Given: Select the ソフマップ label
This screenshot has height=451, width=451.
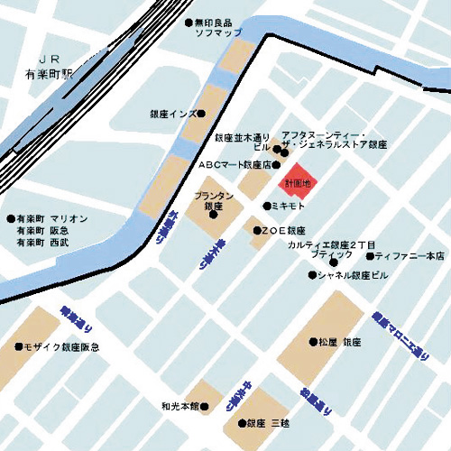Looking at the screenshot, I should pos(220,33).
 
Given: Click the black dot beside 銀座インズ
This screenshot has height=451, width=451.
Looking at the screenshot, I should pos(201,114).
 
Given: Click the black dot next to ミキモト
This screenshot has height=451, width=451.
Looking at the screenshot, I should pos(266,206).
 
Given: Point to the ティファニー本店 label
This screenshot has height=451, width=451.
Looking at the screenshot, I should pos(410,256).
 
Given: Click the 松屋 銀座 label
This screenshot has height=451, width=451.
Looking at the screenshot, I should pos(340,342).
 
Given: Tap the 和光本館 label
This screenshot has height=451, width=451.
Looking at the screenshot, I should pos(180,406).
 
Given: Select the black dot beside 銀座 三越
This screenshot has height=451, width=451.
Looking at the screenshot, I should pos(238,422).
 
